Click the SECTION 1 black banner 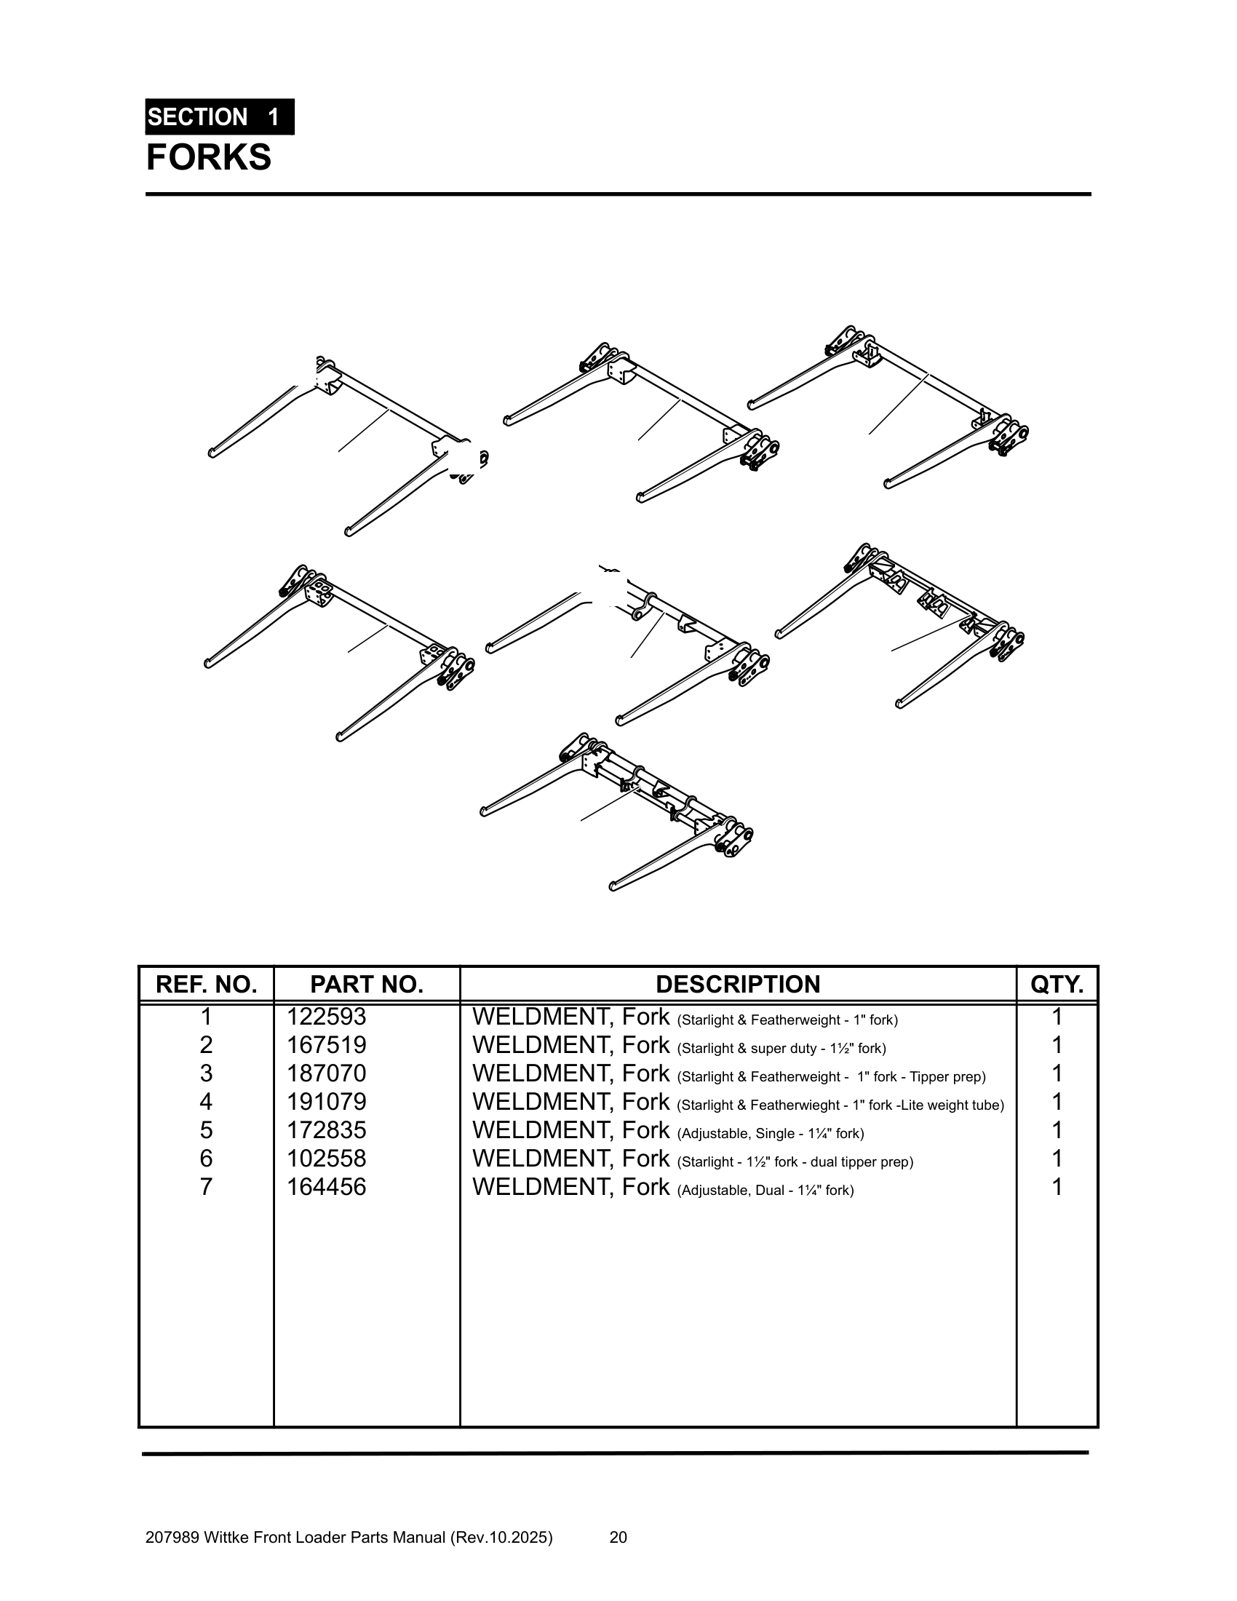click(219, 117)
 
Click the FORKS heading click(209, 158)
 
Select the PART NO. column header click(367, 985)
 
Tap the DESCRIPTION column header click(737, 985)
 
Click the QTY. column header click(1056, 985)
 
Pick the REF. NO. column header click(206, 985)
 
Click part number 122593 click(326, 1017)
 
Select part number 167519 click(326, 1045)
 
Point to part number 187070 click(326, 1074)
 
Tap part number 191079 click(326, 1103)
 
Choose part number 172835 click(326, 1130)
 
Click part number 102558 click(326, 1159)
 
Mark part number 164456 click(326, 1187)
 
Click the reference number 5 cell click(206, 1130)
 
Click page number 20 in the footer click(618, 1537)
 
